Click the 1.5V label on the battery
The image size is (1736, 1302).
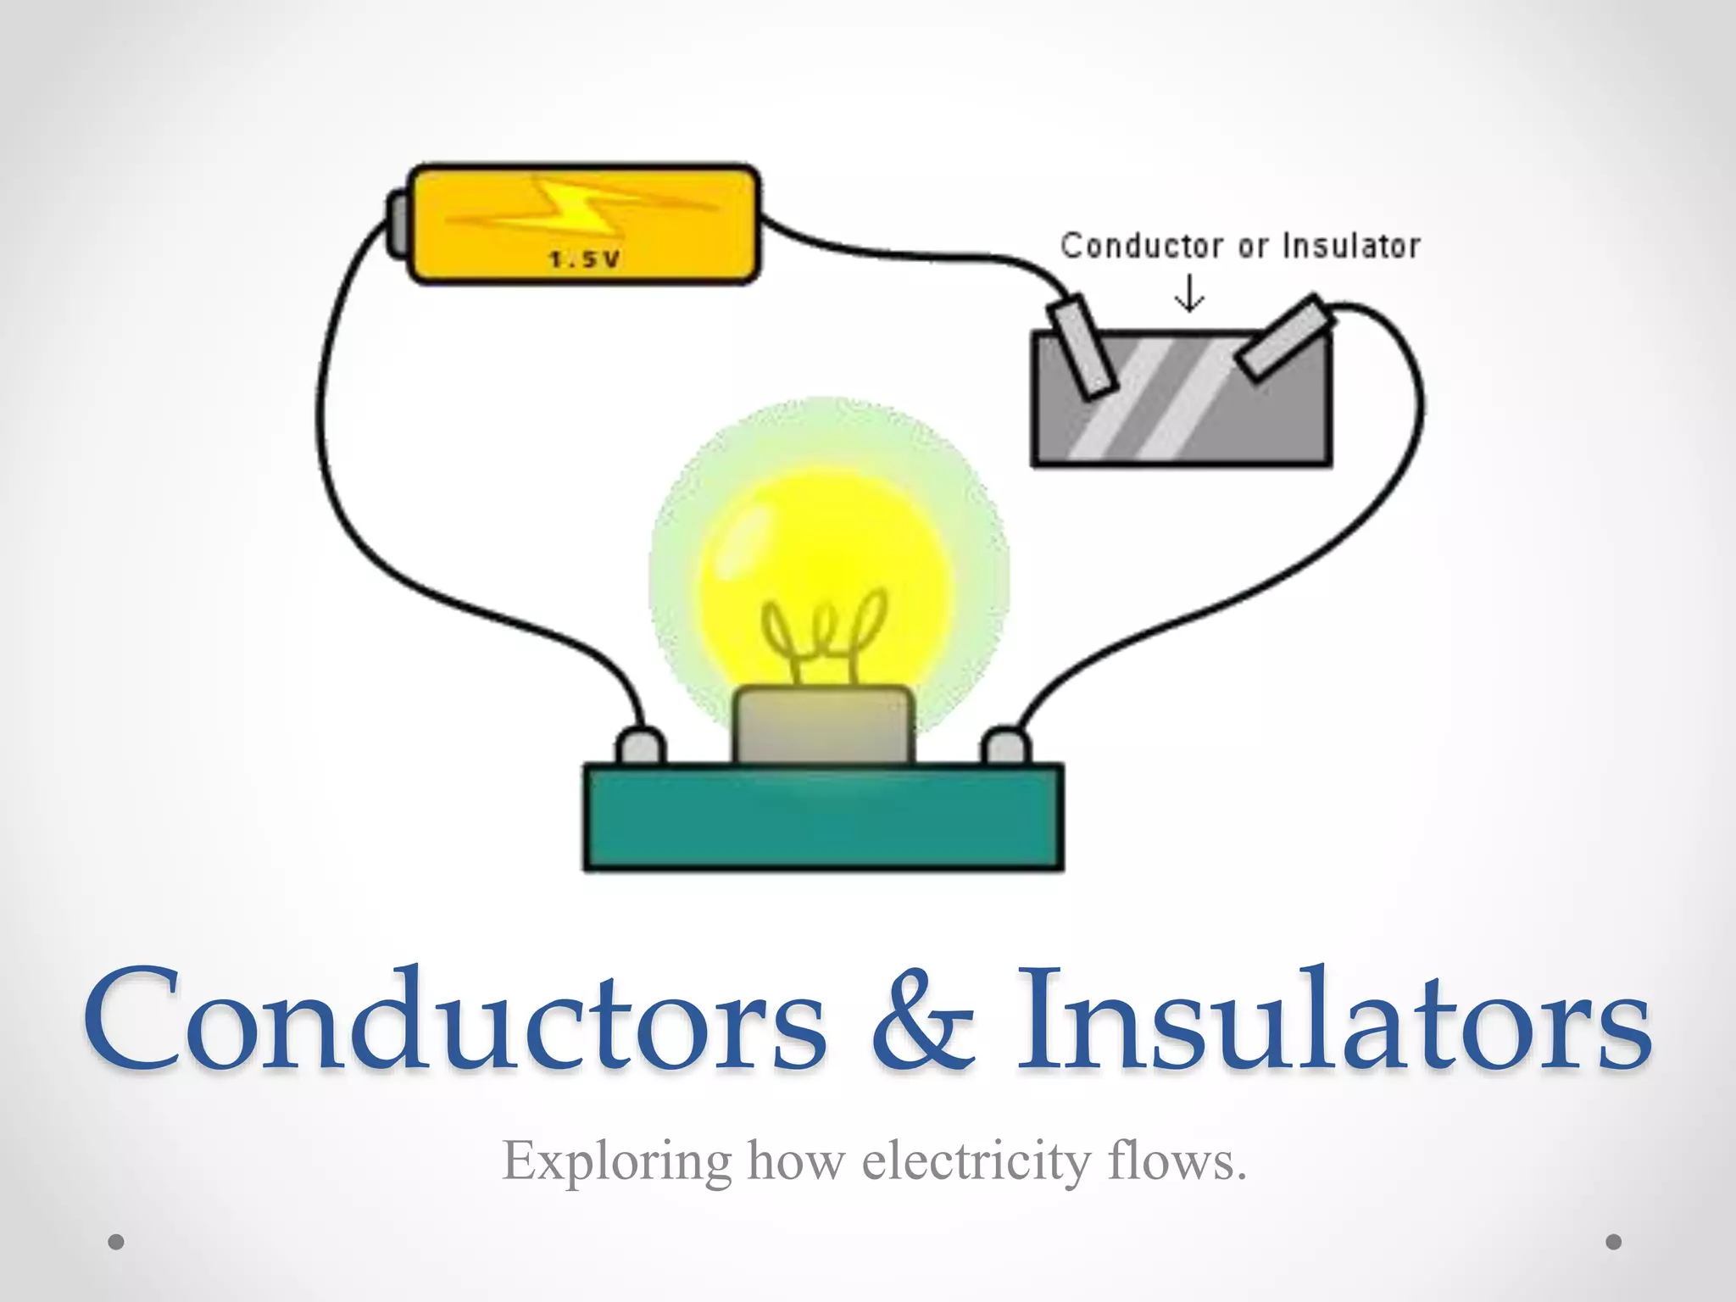pyautogui.click(x=585, y=259)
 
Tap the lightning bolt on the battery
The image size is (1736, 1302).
pyautogui.click(x=576, y=208)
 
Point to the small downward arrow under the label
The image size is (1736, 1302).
pyautogui.click(x=1189, y=293)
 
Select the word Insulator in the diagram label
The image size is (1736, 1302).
pyautogui.click(x=1351, y=246)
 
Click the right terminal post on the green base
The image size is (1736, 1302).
pyautogui.click(x=1006, y=747)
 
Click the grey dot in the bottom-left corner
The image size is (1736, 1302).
pyautogui.click(x=117, y=1242)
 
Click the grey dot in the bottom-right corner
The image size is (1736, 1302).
pyautogui.click(x=1614, y=1242)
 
